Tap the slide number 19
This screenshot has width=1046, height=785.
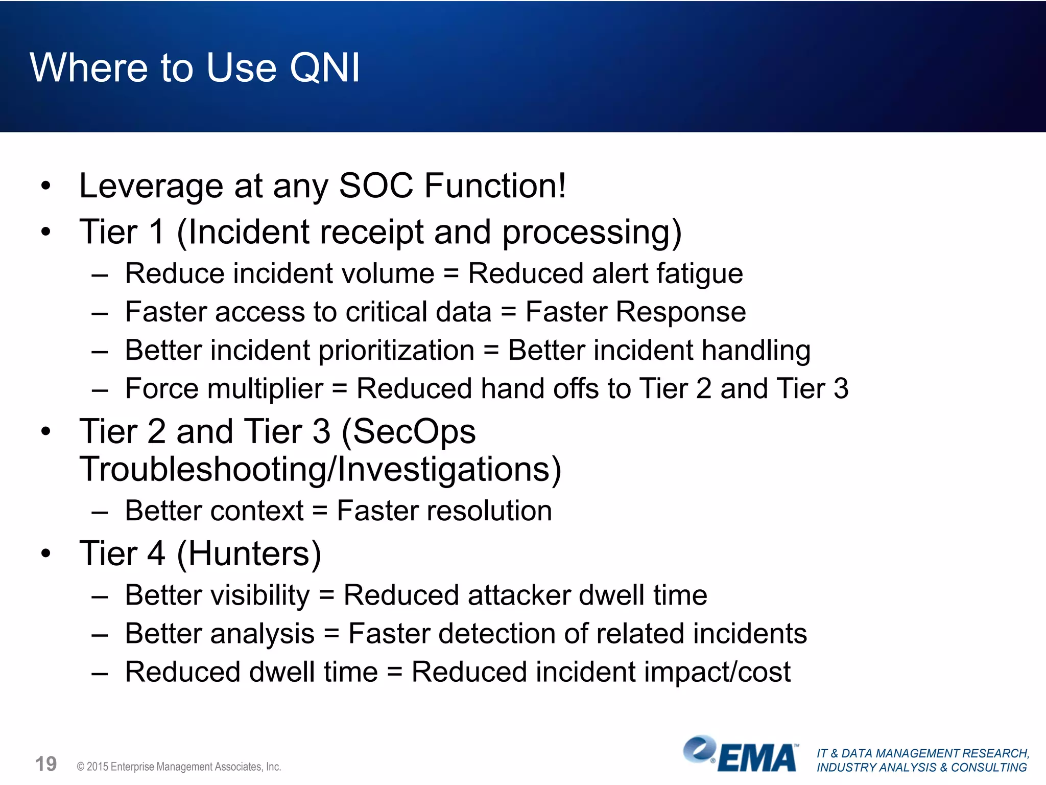coord(46,765)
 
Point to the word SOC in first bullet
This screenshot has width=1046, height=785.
coord(376,186)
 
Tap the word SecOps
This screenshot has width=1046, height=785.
coord(409,432)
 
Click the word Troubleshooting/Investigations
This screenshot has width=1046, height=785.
coord(320,469)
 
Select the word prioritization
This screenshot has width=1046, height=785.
coord(396,351)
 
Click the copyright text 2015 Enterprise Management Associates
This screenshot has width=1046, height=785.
coord(179,767)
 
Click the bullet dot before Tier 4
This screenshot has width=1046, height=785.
coord(46,553)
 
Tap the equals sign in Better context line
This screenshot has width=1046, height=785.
coord(320,511)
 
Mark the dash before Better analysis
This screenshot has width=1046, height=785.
coord(100,635)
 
